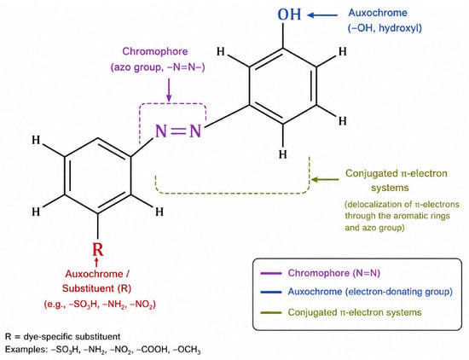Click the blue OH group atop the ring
[289, 14]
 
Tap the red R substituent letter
[97, 249]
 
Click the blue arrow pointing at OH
[322, 15]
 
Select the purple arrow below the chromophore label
[169, 90]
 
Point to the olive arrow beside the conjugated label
[325, 179]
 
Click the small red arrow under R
[96, 262]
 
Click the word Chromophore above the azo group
[155, 51]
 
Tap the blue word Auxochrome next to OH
[378, 13]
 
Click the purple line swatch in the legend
[270, 273]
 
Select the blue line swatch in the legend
[270, 292]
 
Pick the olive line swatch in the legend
[270, 313]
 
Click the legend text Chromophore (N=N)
[333, 273]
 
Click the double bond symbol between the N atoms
[178, 131]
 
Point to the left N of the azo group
[161, 131]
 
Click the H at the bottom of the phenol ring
[282, 154]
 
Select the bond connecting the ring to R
[97, 228]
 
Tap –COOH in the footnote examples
[152, 349]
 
